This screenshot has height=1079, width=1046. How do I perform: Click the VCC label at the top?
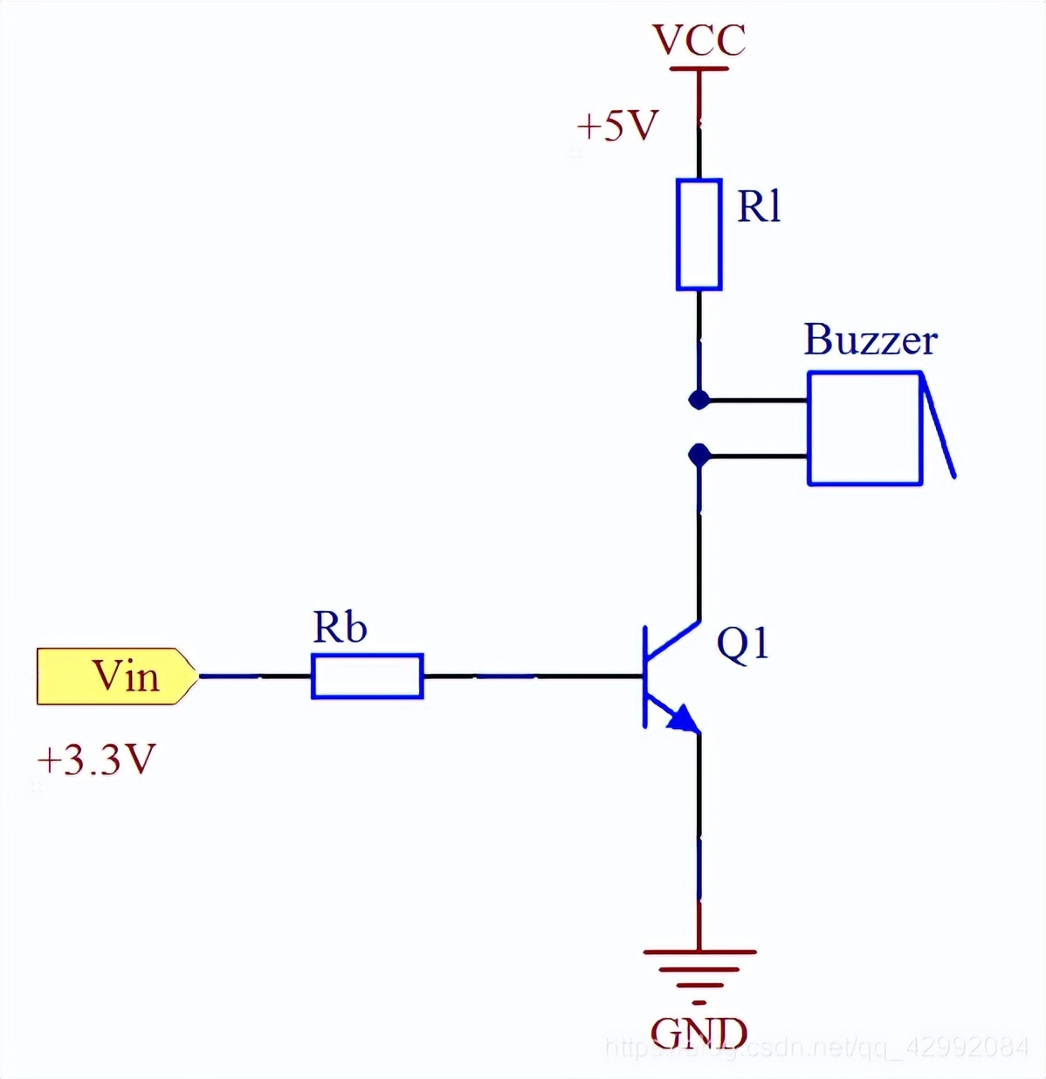click(698, 40)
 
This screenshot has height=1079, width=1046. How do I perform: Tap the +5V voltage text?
click(617, 127)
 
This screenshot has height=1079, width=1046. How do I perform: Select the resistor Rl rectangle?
click(698, 234)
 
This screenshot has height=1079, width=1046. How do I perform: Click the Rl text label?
click(759, 208)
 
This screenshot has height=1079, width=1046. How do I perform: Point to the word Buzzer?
click(870, 340)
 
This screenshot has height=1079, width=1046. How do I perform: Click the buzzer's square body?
click(864, 428)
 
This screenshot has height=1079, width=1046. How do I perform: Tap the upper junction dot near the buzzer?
click(698, 400)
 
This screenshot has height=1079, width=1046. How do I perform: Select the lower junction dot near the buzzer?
click(698, 455)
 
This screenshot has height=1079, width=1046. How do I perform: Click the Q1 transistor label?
click(742, 644)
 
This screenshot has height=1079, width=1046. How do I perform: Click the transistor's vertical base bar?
click(645, 677)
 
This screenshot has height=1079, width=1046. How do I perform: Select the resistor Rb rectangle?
click(368, 677)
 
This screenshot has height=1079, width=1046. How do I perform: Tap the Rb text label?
click(340, 628)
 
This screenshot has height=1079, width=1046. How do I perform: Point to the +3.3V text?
click(96, 760)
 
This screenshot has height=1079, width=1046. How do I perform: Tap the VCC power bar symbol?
click(698, 69)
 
